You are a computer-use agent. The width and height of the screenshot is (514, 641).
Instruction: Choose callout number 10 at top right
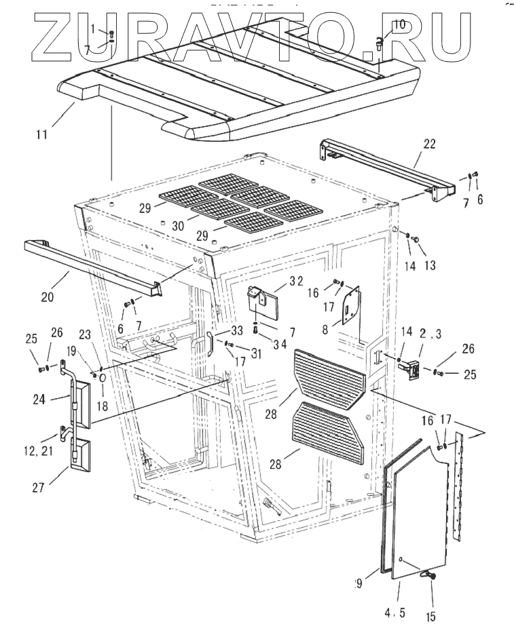[x=399, y=25]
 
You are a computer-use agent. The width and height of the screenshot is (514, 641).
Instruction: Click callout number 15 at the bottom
[x=432, y=617]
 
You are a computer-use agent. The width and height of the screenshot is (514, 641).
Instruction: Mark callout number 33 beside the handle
[x=236, y=330]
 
